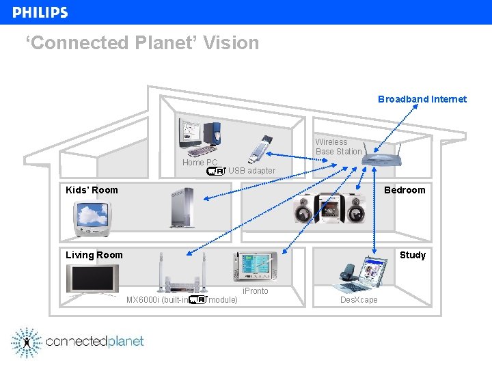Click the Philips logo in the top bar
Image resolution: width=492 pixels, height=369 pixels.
tap(40, 12)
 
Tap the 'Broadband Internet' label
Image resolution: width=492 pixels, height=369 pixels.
tap(422, 99)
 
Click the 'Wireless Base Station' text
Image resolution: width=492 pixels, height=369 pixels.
tap(338, 147)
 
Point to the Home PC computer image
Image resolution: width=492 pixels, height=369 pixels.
tap(199, 136)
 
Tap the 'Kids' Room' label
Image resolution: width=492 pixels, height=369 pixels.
tap(92, 190)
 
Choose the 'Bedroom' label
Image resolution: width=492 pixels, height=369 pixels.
tap(405, 190)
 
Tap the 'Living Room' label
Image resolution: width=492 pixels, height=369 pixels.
tap(94, 255)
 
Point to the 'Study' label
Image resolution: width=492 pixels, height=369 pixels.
tap(413, 255)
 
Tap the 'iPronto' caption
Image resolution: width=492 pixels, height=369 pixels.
tap(256, 291)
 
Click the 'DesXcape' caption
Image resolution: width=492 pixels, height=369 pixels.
tap(359, 300)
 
